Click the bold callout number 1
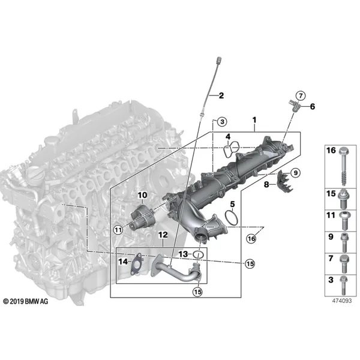254,120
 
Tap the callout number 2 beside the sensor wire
221,95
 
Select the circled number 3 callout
222,121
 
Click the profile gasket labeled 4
232,149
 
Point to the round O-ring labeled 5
231,218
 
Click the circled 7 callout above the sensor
301,95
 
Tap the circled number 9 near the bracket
295,172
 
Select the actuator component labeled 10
143,216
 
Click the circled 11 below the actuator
118,230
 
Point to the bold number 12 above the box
163,235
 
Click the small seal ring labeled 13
198,254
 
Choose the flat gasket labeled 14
136,264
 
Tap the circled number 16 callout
251,239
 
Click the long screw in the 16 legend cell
344,167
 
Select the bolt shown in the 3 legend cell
343,285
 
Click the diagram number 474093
341,301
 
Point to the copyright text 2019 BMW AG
26,301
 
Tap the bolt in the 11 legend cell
344,220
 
